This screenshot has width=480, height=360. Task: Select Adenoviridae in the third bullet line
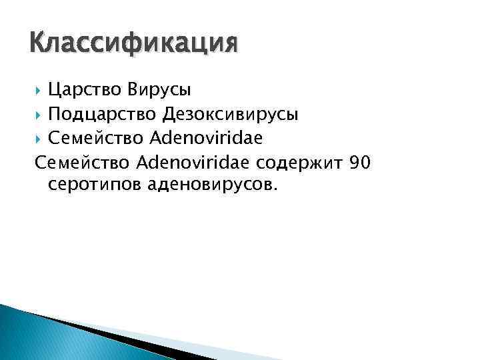tap(207, 139)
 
